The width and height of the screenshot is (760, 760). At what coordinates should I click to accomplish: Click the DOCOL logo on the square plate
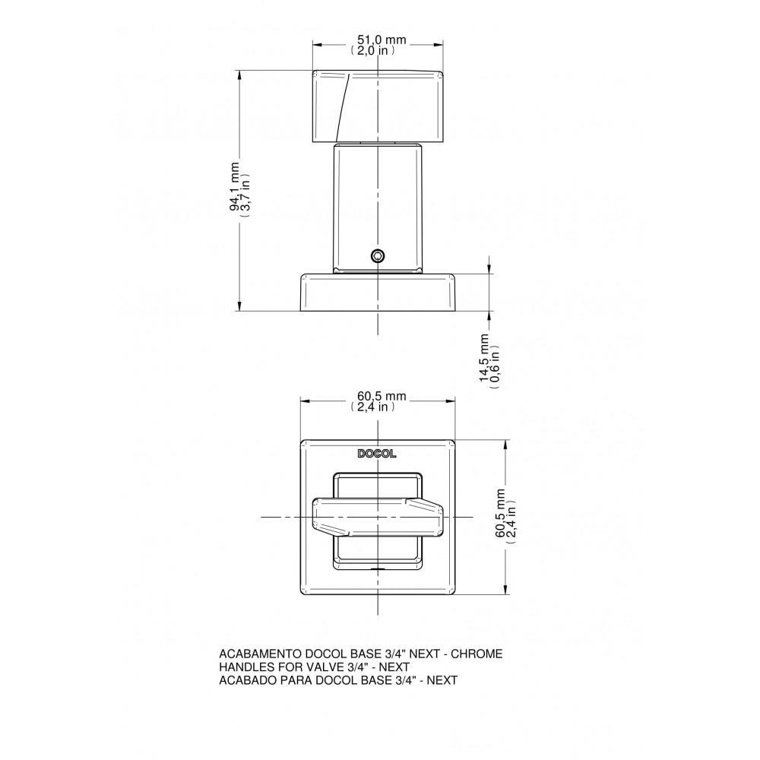[377, 454]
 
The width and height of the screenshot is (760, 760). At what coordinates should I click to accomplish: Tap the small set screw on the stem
[377, 256]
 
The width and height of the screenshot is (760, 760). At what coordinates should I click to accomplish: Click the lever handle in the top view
[377, 517]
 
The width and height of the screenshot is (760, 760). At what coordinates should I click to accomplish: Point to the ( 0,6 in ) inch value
[496, 361]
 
